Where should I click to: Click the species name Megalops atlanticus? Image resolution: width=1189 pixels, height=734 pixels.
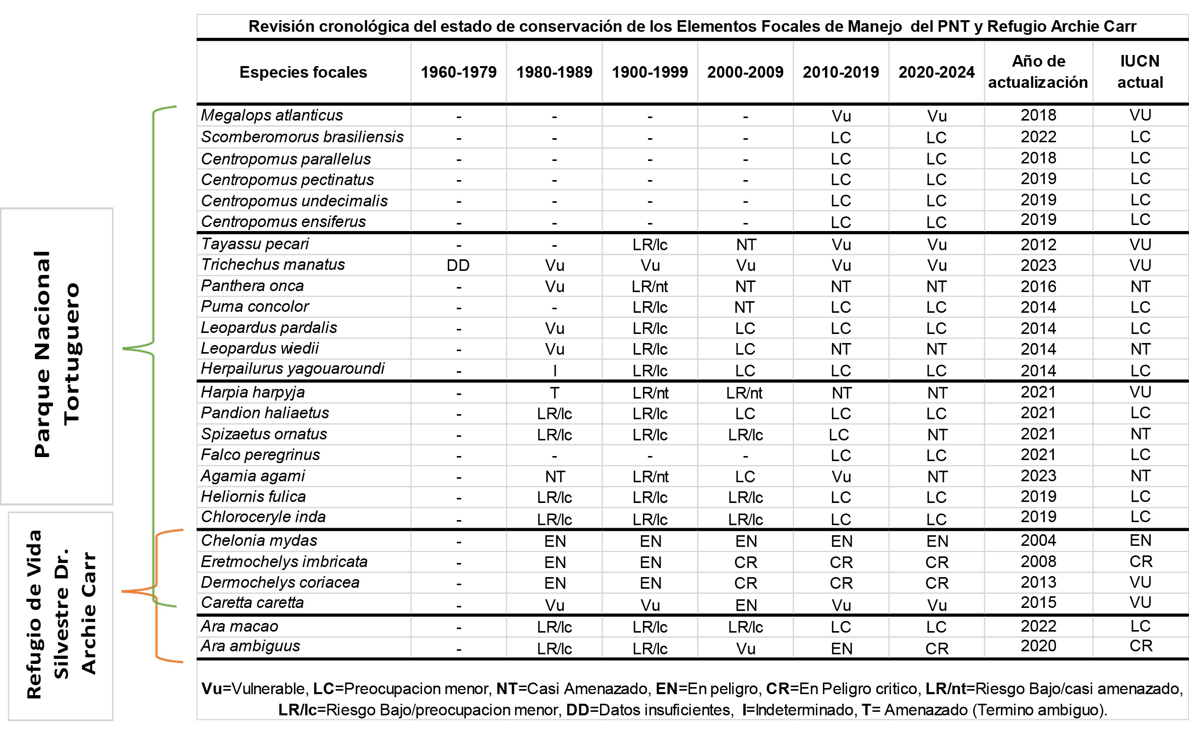click(272, 116)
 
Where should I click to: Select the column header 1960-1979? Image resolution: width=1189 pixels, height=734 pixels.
click(458, 72)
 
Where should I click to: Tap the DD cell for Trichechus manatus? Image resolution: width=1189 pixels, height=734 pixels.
click(458, 265)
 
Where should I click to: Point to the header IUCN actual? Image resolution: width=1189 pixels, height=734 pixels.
click(1140, 72)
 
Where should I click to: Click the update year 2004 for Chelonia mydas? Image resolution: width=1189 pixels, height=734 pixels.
click(1038, 540)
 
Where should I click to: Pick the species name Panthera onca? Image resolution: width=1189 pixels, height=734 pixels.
click(252, 286)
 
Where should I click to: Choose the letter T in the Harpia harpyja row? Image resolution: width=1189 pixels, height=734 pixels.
click(554, 392)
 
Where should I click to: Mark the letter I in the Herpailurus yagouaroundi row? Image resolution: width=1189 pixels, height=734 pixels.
click(555, 371)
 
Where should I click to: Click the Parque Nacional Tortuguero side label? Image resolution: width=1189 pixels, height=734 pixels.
click(56, 355)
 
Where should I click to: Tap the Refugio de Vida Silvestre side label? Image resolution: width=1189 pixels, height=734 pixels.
click(61, 615)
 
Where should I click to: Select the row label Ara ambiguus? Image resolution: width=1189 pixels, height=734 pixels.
click(250, 646)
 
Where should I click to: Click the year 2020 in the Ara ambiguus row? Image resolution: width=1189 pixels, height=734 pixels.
click(1038, 646)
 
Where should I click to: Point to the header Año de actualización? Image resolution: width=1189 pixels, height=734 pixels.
click(1038, 72)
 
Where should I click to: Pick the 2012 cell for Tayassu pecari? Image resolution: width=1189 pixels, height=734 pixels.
click(1038, 245)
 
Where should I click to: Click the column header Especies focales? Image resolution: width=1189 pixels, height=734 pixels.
click(303, 72)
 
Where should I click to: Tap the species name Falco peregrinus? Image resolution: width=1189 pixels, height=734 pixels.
click(260, 455)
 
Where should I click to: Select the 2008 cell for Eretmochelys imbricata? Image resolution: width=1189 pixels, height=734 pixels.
click(1038, 561)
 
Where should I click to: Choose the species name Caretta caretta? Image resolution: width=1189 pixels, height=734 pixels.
click(252, 603)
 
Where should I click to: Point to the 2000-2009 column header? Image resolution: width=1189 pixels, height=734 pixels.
click(745, 72)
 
